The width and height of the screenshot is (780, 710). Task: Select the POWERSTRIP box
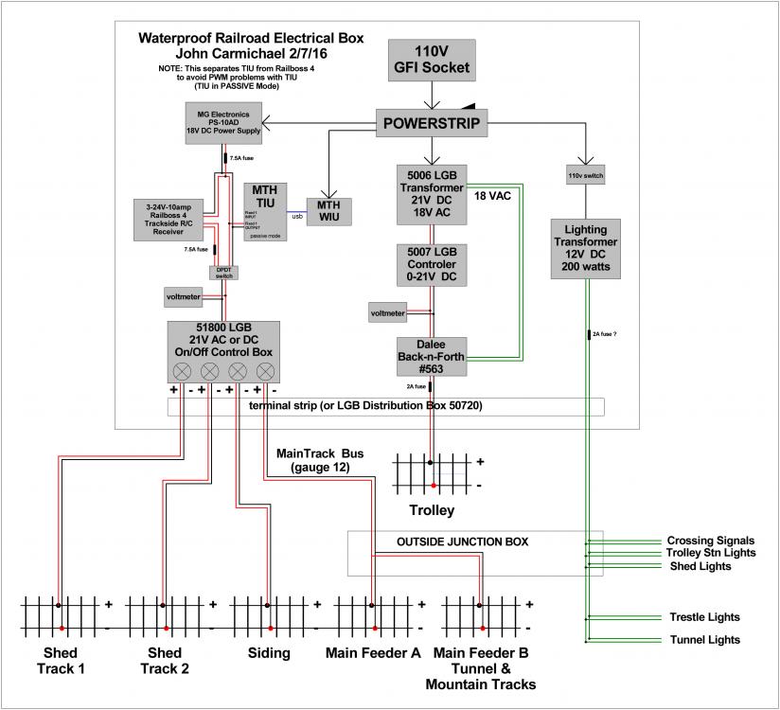[x=431, y=123]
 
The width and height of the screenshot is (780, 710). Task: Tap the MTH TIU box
[x=264, y=211]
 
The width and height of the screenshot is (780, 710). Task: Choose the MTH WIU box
[x=328, y=210]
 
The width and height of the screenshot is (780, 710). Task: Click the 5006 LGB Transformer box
[x=432, y=193]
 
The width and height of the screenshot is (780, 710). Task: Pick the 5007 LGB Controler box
[x=432, y=264]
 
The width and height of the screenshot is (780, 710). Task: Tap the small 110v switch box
[x=586, y=176]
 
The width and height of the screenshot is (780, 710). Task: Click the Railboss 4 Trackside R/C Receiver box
[x=171, y=220]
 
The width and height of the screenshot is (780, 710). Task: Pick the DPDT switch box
[x=223, y=272]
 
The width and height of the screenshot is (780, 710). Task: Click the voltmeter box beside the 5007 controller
[x=388, y=313]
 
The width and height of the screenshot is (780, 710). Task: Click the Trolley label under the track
[x=432, y=510]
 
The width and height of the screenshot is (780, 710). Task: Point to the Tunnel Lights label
[x=704, y=640]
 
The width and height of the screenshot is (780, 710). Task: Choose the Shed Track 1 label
[x=61, y=661]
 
